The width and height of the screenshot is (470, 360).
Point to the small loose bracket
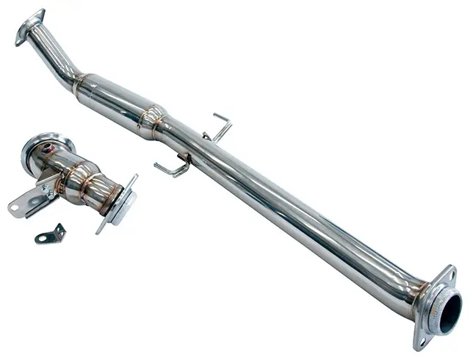[x=50, y=235]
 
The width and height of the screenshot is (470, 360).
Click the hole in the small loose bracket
[x=43, y=237]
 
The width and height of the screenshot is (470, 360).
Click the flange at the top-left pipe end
[x=29, y=26]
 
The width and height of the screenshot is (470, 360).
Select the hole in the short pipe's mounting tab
[x=16, y=206]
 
